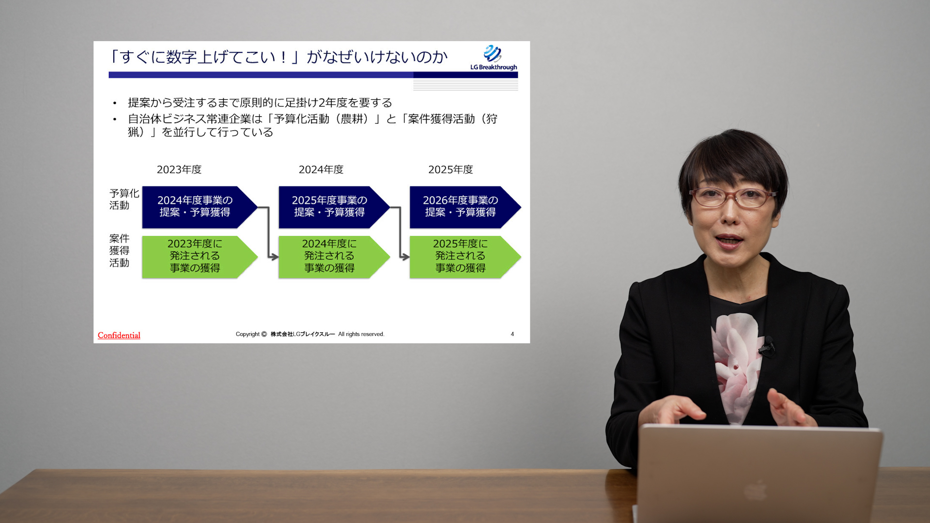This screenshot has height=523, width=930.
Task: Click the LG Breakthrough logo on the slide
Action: [x=494, y=58]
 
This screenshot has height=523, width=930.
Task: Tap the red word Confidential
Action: [x=119, y=335]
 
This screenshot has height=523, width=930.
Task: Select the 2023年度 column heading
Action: [x=179, y=169]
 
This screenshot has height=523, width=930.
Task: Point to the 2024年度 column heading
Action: [x=321, y=169]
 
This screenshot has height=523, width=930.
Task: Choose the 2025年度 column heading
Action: [x=450, y=169]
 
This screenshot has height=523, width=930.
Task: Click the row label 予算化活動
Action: [x=124, y=199]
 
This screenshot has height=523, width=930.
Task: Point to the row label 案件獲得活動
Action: [x=119, y=250]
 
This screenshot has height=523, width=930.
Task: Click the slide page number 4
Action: [x=512, y=334]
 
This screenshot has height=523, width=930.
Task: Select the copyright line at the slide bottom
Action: [x=310, y=334]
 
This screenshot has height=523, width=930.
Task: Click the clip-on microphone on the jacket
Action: [x=767, y=347]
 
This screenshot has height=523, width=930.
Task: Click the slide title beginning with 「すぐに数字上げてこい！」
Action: [x=278, y=57]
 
